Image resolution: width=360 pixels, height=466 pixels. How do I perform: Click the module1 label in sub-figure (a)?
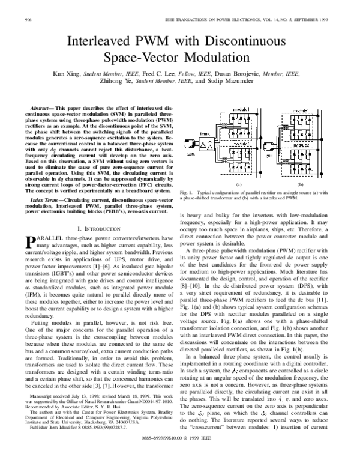pos(239,111)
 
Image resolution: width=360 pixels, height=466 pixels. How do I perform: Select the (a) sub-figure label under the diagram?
pos(238,184)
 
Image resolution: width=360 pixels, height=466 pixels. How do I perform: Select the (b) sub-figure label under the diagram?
pos(316,184)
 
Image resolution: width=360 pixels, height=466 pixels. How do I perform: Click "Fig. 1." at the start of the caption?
pos(186,192)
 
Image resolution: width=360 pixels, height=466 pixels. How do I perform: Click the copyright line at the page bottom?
pos(180,455)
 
